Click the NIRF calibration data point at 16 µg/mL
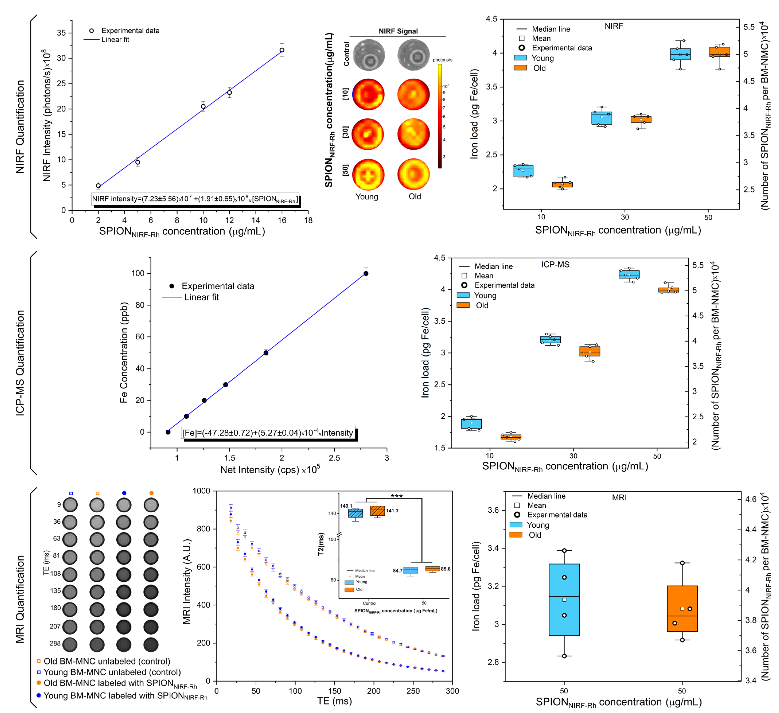tap(282, 50)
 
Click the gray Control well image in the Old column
tap(413, 55)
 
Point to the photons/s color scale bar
tap(440, 116)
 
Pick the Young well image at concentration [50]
tap(368, 175)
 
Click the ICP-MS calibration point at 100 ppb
tap(366, 274)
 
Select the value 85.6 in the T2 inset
tap(445, 569)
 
